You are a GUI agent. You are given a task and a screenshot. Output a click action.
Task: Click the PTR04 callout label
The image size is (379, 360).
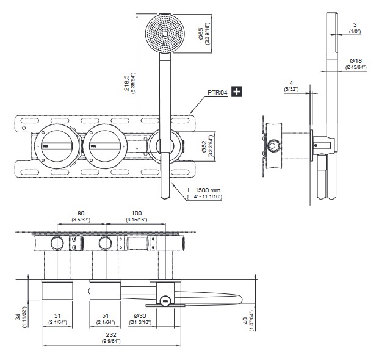[x=217, y=92]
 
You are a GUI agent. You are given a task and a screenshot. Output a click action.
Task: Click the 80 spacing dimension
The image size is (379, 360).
[x=81, y=214]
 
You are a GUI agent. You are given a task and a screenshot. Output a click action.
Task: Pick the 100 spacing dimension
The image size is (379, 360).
[x=135, y=214]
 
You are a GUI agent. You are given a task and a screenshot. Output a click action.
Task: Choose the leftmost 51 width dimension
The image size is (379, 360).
[x=57, y=315]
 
